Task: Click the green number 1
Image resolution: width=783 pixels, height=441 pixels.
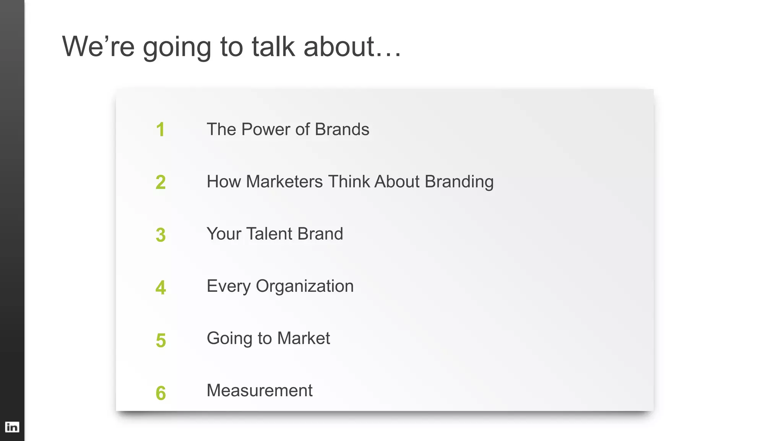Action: click(x=160, y=130)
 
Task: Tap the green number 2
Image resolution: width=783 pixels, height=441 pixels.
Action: click(x=161, y=182)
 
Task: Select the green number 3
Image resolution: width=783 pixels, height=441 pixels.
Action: click(x=161, y=235)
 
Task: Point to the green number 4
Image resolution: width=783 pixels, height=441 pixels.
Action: click(x=161, y=288)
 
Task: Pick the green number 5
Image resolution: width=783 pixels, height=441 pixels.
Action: click(x=161, y=340)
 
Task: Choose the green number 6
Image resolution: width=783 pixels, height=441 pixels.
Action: click(x=161, y=393)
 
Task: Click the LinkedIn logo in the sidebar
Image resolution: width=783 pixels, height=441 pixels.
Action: click(x=12, y=427)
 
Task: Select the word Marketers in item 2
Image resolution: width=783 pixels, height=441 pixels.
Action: click(x=284, y=182)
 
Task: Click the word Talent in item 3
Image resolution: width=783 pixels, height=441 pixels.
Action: click(x=269, y=234)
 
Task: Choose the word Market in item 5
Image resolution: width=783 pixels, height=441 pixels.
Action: click(x=303, y=338)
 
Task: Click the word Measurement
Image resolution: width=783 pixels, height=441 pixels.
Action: click(x=260, y=391)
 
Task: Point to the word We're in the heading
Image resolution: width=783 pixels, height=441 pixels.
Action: click(x=98, y=47)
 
